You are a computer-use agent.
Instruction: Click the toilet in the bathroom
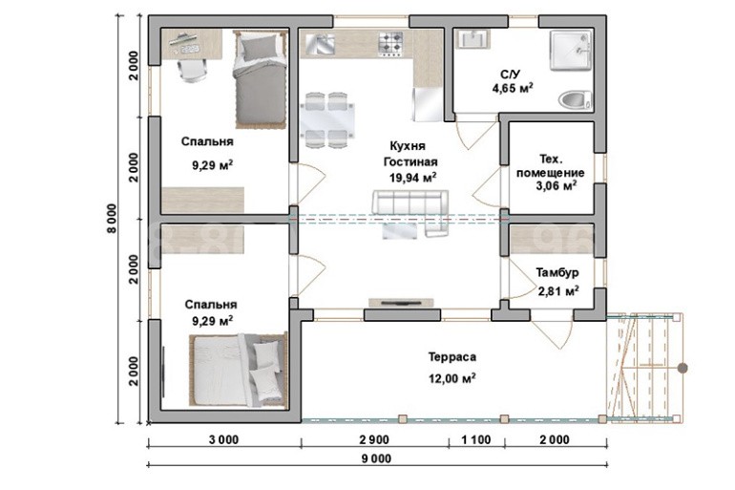(x=576, y=100)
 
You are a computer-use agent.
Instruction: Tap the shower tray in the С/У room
(x=572, y=51)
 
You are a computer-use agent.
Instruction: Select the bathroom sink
(x=472, y=39)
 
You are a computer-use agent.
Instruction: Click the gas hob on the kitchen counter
(x=391, y=43)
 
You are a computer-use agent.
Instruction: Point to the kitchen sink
(x=320, y=44)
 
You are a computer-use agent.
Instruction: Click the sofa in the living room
(x=410, y=212)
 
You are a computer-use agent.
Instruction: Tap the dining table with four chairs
(x=326, y=120)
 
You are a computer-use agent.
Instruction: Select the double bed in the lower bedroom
(x=239, y=370)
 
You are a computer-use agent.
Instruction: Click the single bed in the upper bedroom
(x=260, y=78)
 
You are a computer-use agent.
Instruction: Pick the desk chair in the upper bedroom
(x=193, y=71)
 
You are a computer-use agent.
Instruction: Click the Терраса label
(x=452, y=357)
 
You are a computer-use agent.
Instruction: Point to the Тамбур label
(x=557, y=272)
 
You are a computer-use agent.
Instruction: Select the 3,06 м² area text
(x=556, y=185)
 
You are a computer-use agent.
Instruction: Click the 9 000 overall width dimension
(x=376, y=458)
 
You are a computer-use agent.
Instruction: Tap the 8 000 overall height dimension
(x=112, y=219)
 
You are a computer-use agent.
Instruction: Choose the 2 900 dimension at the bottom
(x=374, y=439)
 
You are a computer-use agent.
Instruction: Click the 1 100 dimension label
(x=476, y=439)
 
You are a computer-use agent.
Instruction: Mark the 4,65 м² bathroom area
(x=513, y=88)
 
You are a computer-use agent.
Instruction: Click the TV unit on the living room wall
(x=401, y=303)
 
